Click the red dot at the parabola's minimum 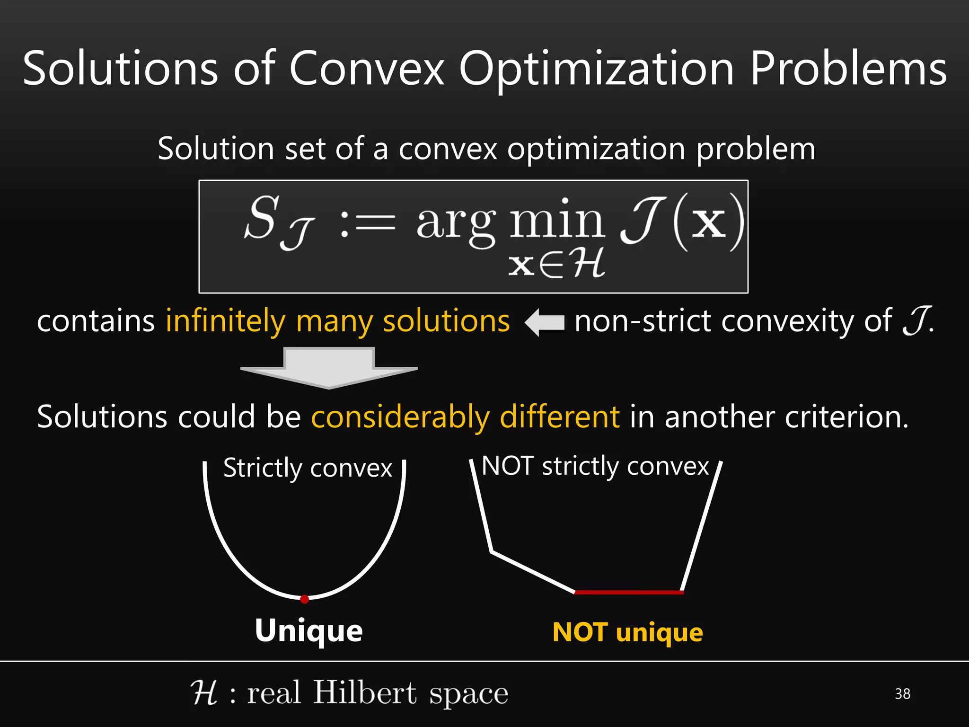[305, 599]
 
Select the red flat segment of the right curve [629, 592]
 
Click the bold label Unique [308, 631]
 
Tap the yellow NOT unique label [627, 632]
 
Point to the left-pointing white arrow [545, 322]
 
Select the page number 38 [902, 694]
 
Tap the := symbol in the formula [367, 223]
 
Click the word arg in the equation [456, 223]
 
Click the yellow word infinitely [225, 322]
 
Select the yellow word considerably [400, 417]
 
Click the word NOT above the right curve [507, 466]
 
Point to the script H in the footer [204, 693]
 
